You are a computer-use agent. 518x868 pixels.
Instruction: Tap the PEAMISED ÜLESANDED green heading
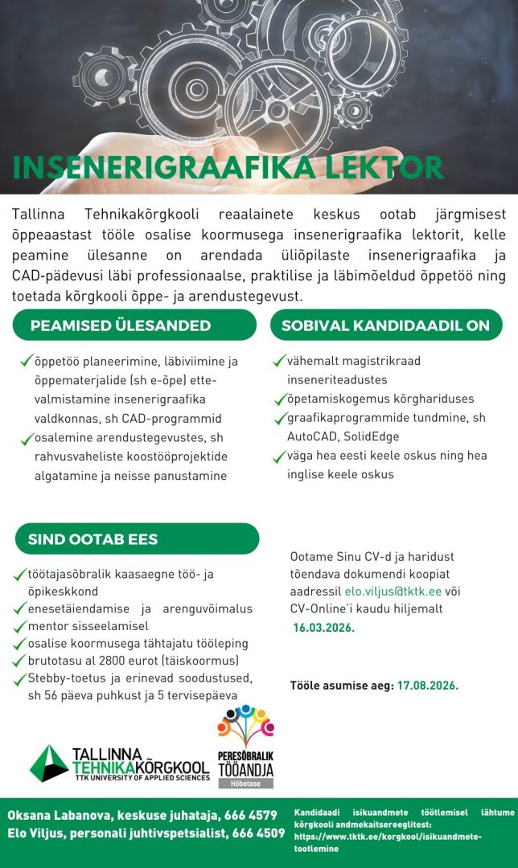coord(121,325)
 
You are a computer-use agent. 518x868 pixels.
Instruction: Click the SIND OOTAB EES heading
coord(93,538)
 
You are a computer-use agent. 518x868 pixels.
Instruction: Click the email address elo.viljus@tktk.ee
coord(393,592)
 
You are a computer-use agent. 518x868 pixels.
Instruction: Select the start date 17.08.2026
coord(427,686)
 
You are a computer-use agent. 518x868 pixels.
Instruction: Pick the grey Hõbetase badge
coord(246,783)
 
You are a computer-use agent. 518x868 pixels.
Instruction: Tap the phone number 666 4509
coord(257,833)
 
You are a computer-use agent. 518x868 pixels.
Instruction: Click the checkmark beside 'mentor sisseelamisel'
coord(22,625)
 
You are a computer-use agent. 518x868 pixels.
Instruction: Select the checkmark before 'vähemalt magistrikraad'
coord(279,362)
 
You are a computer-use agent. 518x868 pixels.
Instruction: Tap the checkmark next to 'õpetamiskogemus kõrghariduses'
coord(279,399)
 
